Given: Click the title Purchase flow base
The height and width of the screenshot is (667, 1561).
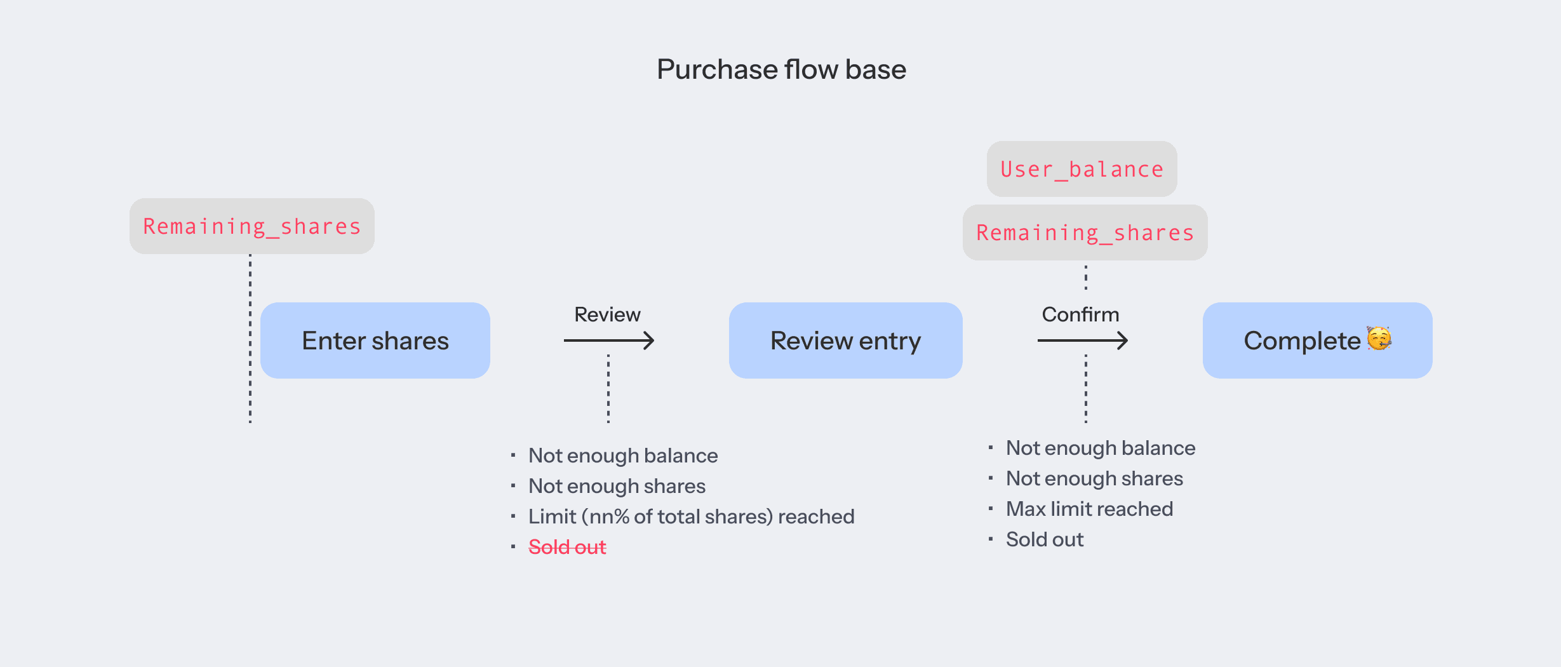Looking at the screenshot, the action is [781, 69].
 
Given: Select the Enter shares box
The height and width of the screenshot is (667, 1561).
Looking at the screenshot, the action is [375, 340].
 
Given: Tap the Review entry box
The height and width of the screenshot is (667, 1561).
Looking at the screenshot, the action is [846, 340].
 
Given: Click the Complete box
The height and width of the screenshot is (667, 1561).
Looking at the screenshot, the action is [1318, 340].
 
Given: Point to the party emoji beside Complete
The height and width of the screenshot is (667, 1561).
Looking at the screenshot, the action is [1379, 339].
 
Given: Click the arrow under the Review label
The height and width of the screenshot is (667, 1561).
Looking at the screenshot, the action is [609, 340].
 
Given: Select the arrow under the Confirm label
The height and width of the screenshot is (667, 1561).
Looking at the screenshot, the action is [1083, 340].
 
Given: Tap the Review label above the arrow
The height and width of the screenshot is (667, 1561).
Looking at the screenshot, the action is [607, 314].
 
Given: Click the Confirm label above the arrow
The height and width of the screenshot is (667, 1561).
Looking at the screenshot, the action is [1080, 314].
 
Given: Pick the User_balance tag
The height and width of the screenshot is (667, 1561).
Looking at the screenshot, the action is [1082, 169].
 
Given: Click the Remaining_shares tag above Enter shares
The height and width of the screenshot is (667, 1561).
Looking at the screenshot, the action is [252, 226].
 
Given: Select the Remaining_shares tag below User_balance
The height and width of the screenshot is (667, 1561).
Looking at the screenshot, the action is [1085, 232].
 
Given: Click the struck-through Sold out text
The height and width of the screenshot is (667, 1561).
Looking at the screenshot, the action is [567, 547].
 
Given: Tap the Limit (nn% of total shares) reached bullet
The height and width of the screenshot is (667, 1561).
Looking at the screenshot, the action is [692, 516].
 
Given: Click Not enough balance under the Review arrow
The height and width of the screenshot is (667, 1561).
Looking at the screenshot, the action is [623, 455].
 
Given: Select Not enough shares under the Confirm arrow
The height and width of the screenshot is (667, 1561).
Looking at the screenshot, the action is [1095, 478].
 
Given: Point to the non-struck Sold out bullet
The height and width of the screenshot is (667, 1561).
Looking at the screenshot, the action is [1045, 539].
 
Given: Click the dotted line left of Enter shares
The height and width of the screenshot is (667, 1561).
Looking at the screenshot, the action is [250, 339].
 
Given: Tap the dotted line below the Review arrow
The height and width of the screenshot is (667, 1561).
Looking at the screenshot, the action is [608, 389].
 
